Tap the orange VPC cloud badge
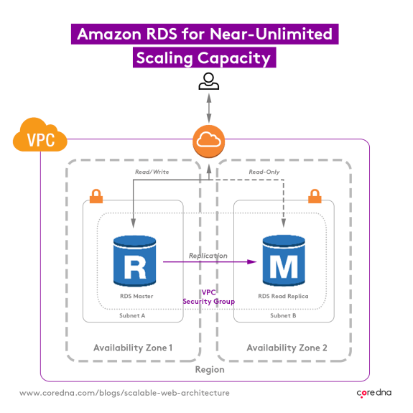tap(40, 136)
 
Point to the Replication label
tap(208, 256)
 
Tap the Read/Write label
tap(152, 172)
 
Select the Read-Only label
tap(264, 172)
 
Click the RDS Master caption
tap(136, 296)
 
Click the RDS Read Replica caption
tap(282, 296)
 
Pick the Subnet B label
tap(282, 315)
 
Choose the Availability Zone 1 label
tap(133, 348)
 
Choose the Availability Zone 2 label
tap(287, 348)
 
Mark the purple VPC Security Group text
tap(208, 297)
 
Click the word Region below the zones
tap(210, 369)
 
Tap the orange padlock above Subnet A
tap(95, 195)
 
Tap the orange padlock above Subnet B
tap(314, 195)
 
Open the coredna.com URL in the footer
tap(124, 393)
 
